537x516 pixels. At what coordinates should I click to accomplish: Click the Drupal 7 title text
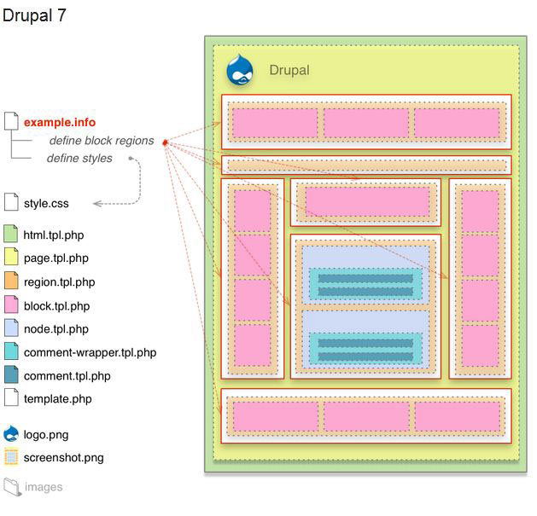pos(34,15)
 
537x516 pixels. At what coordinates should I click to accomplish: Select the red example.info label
pos(59,123)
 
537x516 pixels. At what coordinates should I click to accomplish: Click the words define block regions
pos(101,141)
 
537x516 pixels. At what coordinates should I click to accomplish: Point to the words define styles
pos(79,159)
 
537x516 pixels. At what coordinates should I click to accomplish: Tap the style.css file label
pos(46,204)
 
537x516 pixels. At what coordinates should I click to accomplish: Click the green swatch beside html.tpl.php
pos(11,235)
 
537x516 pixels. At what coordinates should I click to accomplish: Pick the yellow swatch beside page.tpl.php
pos(11,258)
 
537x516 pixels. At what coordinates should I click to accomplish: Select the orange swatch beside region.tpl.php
pos(11,281)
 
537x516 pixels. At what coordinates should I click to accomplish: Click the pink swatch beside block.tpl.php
pos(11,305)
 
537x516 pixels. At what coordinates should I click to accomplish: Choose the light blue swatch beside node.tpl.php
pos(11,328)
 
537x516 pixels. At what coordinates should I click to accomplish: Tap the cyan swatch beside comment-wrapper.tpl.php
pos(11,351)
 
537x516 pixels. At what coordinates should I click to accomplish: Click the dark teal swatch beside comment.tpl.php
pos(11,375)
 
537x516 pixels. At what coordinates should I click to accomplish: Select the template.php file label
pos(57,398)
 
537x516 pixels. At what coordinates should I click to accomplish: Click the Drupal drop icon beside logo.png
pos(11,433)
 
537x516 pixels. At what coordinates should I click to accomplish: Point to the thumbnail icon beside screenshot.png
pos(11,457)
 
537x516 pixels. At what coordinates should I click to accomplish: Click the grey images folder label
pos(43,488)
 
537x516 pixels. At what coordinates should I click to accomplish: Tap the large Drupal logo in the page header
pos(240,70)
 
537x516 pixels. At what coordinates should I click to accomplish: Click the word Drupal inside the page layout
pos(289,71)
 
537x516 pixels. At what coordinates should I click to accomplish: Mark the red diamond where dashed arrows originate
pos(163,142)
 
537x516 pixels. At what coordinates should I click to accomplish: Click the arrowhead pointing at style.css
pos(96,204)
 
